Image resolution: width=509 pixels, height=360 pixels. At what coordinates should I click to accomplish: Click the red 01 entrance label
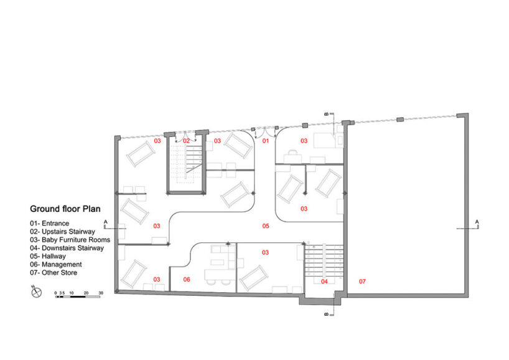266,141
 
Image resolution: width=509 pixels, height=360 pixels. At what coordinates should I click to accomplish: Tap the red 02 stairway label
186,141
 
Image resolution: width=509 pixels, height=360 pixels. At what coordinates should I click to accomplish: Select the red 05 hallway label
266,226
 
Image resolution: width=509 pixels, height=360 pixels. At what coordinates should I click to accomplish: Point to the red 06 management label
187,280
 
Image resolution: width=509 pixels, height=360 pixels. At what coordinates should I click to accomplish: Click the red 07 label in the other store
362,282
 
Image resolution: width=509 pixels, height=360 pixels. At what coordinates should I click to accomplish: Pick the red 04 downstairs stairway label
324,282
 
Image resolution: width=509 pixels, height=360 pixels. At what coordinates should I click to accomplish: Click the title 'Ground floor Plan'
65,209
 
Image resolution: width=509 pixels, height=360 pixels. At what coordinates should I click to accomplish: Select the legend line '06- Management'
56,265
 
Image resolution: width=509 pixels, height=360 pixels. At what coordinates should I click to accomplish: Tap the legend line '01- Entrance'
50,224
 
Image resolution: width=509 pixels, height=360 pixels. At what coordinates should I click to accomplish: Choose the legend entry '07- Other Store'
54,273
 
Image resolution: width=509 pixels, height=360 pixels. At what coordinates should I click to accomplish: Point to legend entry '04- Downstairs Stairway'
67,248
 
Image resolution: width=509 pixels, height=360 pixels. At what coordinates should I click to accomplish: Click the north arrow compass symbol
36,291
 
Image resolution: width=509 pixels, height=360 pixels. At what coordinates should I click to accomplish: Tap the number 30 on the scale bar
101,293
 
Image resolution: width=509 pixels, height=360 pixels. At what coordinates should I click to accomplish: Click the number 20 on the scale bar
86,293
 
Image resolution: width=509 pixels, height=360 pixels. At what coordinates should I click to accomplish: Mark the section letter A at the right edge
477,222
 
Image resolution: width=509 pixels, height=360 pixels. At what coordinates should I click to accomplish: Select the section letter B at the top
327,114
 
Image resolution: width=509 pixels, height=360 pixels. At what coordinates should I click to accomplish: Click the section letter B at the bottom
327,314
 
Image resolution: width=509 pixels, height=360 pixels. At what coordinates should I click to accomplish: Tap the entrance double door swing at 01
265,133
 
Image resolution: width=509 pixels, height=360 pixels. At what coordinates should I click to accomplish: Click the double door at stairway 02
185,136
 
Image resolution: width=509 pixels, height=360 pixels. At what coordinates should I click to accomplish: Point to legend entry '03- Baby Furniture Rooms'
70,240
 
